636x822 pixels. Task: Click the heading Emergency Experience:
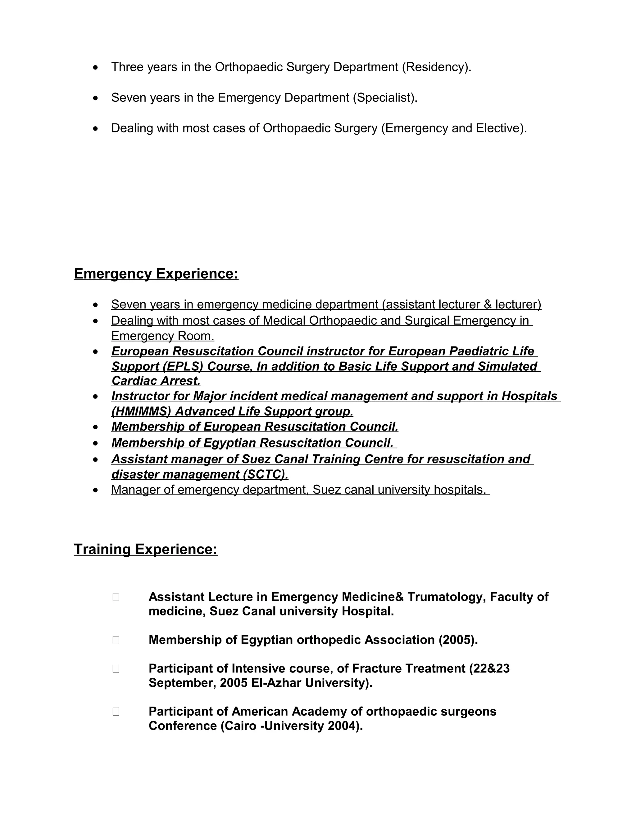click(156, 274)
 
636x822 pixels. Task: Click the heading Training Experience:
click(145, 549)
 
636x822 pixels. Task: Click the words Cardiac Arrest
click(156, 381)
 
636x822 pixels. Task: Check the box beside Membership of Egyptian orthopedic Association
click(116, 640)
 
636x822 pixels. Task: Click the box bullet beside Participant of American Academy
click(116, 711)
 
